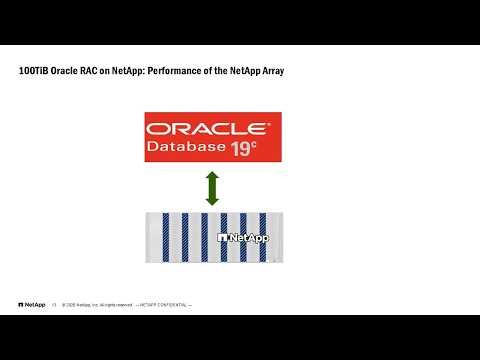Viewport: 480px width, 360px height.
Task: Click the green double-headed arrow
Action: click(x=212, y=188)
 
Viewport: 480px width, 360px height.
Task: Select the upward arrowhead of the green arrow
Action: click(x=212, y=176)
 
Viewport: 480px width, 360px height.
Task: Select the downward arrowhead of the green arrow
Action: click(x=212, y=200)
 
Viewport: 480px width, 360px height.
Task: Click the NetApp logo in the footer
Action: click(x=31, y=304)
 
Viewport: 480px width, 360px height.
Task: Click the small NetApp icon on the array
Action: click(x=222, y=239)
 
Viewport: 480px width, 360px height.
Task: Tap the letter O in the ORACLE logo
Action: click(x=157, y=130)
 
